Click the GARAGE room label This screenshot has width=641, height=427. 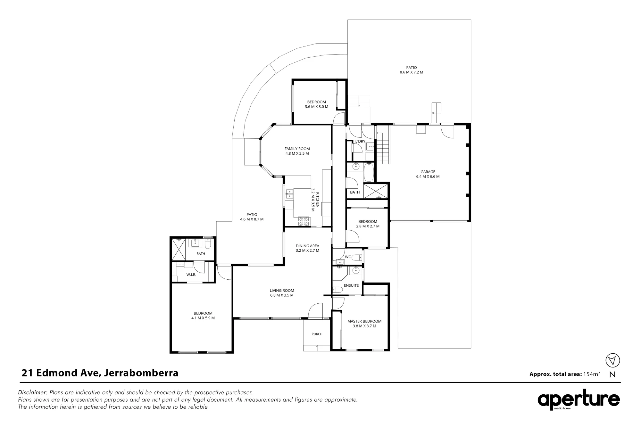[428, 172]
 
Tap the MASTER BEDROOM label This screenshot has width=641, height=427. [364, 321]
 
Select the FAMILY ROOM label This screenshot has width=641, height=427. [297, 149]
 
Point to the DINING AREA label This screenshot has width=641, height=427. [307, 246]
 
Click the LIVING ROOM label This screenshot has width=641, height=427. [282, 291]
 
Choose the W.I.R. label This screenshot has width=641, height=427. [191, 275]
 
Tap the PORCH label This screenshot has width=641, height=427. [317, 334]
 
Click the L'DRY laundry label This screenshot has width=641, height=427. [360, 141]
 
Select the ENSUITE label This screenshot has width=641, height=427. [351, 285]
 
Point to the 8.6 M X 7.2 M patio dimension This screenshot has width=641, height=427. [412, 72]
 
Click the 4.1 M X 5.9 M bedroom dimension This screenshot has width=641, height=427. [203, 318]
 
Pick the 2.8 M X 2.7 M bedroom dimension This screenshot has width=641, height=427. [368, 226]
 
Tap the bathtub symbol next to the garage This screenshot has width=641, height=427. [369, 172]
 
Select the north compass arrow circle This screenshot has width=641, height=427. [612, 361]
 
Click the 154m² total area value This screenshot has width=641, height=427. [591, 374]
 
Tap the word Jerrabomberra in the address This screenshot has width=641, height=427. [141, 373]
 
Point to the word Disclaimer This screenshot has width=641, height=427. [33, 392]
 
